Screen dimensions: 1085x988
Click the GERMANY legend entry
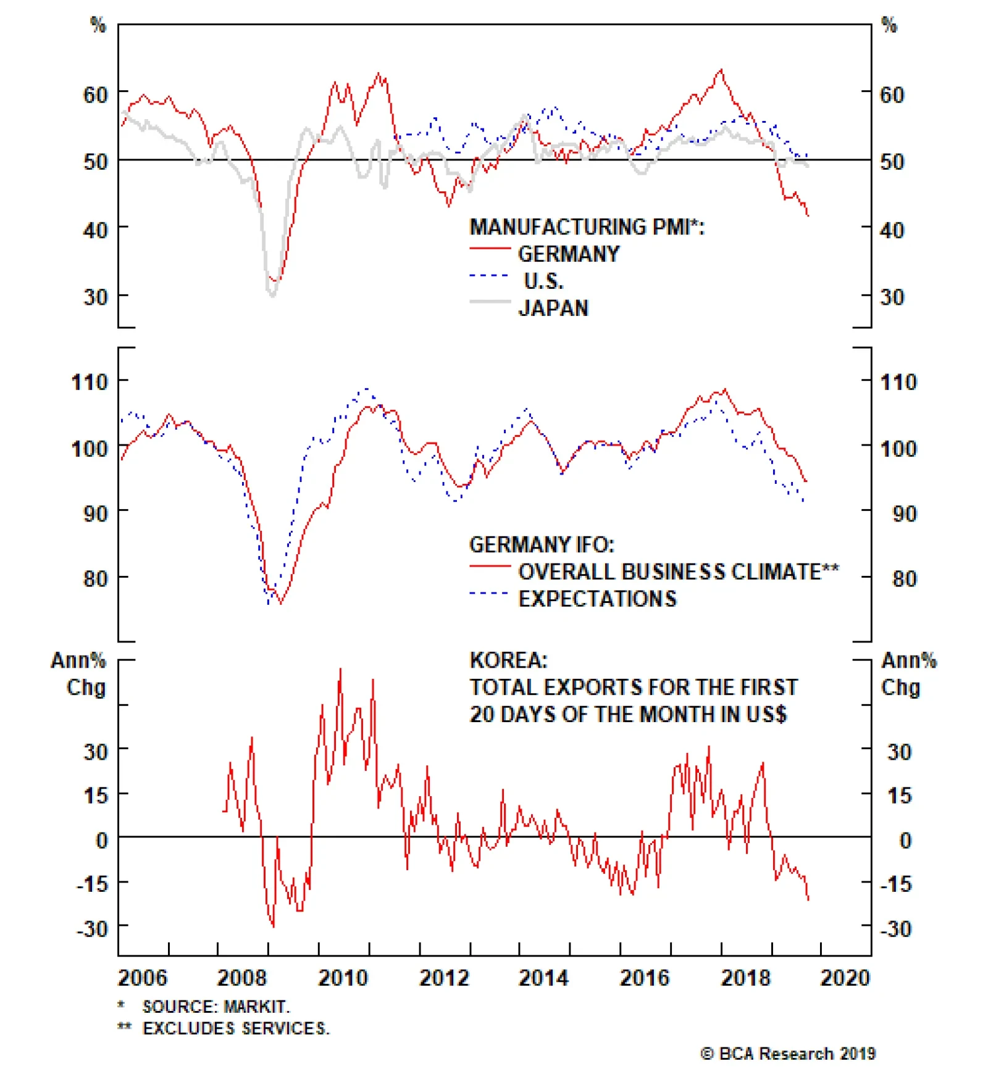click(x=568, y=254)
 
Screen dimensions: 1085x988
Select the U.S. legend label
click(x=543, y=281)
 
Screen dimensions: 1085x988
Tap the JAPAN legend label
click(x=553, y=307)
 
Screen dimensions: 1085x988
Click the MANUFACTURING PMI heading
click(x=587, y=227)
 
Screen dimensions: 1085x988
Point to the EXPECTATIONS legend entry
click(x=597, y=599)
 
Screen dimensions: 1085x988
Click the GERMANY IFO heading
click(x=542, y=544)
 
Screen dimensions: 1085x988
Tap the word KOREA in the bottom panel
click(x=508, y=660)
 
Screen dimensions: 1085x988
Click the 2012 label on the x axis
click(x=444, y=978)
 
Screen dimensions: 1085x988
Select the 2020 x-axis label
click(x=844, y=978)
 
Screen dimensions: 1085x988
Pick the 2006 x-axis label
click(x=142, y=978)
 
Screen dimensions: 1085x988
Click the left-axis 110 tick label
click(x=90, y=382)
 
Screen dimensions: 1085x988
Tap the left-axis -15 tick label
click(x=92, y=884)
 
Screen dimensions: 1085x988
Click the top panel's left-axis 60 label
click(x=96, y=95)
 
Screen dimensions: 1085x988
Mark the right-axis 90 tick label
click(x=905, y=513)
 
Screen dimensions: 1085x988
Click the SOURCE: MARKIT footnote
click(x=216, y=1007)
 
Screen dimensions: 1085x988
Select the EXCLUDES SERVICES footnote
click(x=236, y=1028)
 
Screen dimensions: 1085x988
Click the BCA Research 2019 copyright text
click(x=788, y=1054)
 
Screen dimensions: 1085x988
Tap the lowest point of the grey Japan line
click(x=272, y=295)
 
